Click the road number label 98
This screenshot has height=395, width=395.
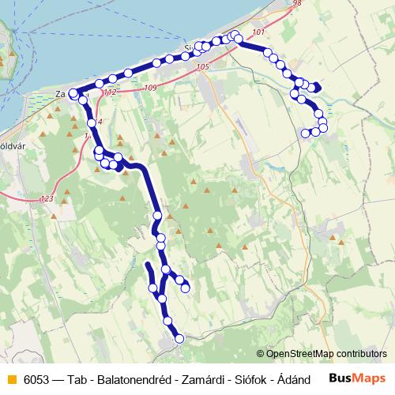296,4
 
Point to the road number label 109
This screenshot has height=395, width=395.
151,87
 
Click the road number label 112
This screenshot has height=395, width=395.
110,92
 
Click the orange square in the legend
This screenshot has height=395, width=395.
11,379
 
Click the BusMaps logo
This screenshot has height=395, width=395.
358,378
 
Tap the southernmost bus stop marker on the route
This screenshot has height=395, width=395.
179,338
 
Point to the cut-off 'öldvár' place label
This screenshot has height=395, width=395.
9,145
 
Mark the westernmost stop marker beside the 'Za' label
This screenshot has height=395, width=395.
73,93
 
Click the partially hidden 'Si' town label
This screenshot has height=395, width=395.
188,48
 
